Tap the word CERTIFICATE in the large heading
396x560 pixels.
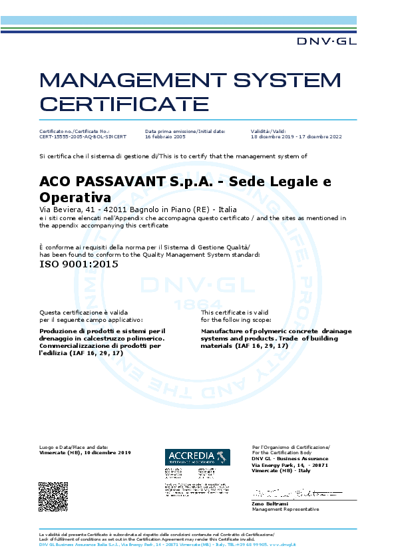point(124,104)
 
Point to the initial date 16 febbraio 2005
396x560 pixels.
point(165,136)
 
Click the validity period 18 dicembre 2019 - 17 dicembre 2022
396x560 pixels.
point(296,136)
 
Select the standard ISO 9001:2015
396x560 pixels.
point(79,263)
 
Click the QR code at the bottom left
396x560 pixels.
point(53,495)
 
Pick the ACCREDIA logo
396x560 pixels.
point(197,457)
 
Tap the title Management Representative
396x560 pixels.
point(286,509)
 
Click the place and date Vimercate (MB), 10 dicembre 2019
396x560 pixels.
point(85,452)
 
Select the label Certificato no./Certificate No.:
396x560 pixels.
point(75,131)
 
